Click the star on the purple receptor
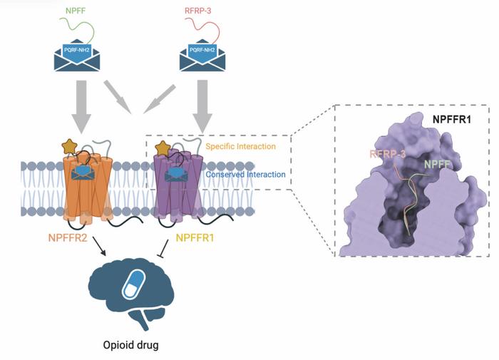pos(163,148)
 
